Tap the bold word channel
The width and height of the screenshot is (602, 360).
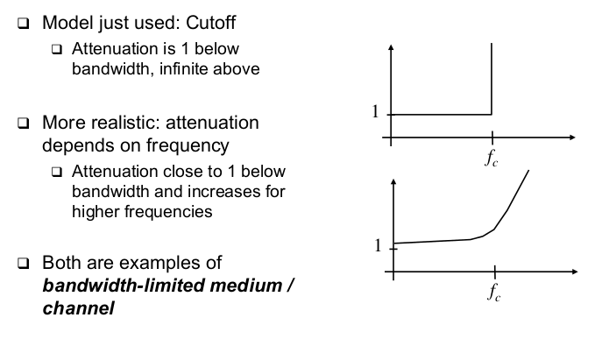(78, 308)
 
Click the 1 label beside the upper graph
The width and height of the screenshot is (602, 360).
(376, 113)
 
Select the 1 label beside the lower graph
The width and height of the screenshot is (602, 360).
(378, 246)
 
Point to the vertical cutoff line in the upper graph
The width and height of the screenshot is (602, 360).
(492, 79)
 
